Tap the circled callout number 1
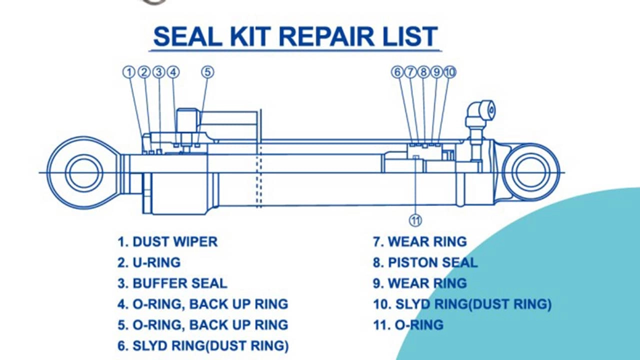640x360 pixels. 129,72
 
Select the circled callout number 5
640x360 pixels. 207,72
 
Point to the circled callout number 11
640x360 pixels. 415,219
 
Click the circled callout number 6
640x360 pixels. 397,72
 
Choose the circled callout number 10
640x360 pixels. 450,72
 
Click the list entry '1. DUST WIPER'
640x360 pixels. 167,242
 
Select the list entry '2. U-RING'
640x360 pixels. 149,262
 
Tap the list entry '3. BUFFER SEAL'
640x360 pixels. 172,283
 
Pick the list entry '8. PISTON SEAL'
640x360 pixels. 425,262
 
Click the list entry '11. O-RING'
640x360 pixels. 408,325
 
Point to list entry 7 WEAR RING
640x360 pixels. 419,242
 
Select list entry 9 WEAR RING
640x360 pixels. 419,283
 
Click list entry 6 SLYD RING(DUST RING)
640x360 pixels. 203,345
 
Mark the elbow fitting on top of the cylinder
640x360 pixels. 482,112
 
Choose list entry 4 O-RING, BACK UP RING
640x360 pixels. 203,304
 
